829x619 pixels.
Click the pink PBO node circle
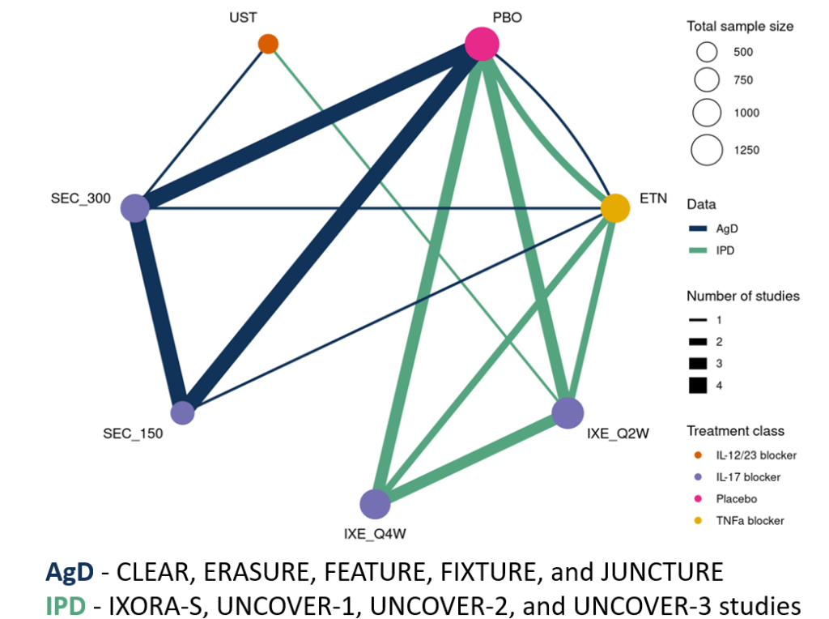click(x=481, y=44)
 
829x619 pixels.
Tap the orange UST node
click(x=268, y=44)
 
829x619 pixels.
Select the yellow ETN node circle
click(x=615, y=208)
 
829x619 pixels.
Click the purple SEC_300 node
click(x=134, y=207)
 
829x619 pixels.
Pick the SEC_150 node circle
click(x=183, y=413)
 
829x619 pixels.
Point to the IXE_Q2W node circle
click(x=568, y=413)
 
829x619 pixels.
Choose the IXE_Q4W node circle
click(x=375, y=503)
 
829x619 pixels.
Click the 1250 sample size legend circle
click(x=707, y=150)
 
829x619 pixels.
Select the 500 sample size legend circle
click(x=707, y=53)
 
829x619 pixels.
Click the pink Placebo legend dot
click(x=699, y=499)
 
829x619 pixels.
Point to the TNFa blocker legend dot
click(x=699, y=521)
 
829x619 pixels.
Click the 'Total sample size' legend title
click(x=740, y=26)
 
